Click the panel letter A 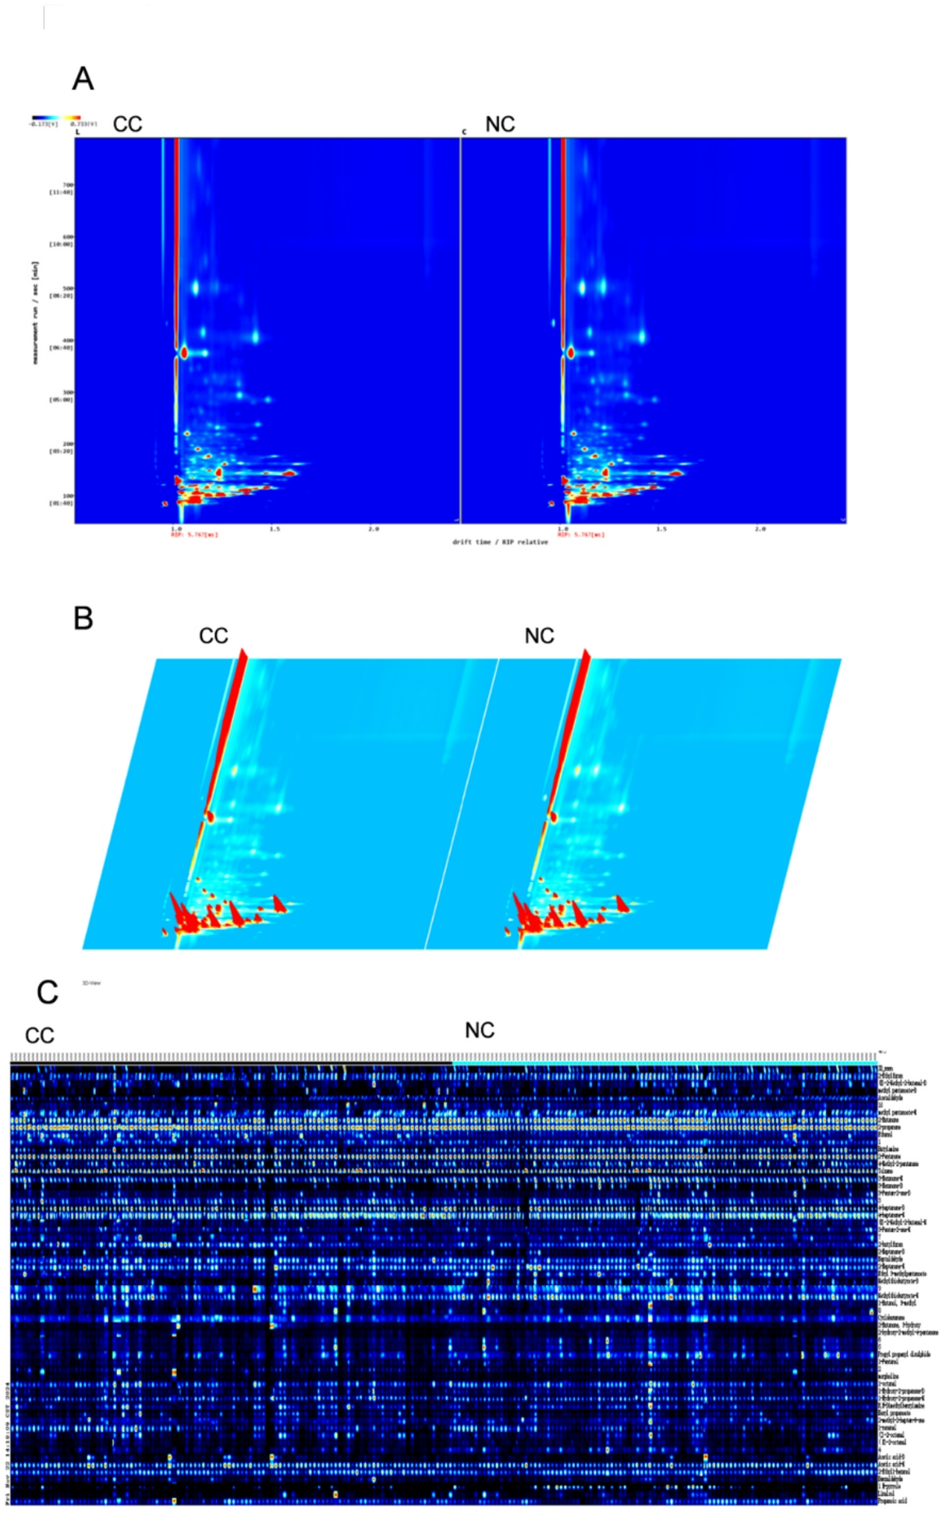pyautogui.click(x=83, y=79)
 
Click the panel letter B pyautogui.click(x=83, y=618)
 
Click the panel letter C pyautogui.click(x=47, y=992)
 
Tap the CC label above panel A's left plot pyautogui.click(x=128, y=125)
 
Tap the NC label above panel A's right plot pyautogui.click(x=500, y=125)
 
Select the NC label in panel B pyautogui.click(x=539, y=636)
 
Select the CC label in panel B pyautogui.click(x=213, y=636)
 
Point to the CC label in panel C pyautogui.click(x=39, y=1035)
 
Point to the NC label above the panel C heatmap pyautogui.click(x=479, y=1030)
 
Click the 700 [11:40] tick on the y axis pyautogui.click(x=62, y=188)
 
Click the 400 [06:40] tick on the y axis pyautogui.click(x=62, y=344)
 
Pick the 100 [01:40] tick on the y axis pyautogui.click(x=62, y=499)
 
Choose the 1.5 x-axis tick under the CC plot pyautogui.click(x=275, y=529)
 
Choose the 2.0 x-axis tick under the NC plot pyautogui.click(x=760, y=529)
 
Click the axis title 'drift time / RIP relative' pyautogui.click(x=499, y=541)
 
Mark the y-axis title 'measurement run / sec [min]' pyautogui.click(x=36, y=312)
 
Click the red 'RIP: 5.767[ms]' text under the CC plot pyautogui.click(x=194, y=535)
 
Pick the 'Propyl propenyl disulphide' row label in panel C pyautogui.click(x=903, y=1355)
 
